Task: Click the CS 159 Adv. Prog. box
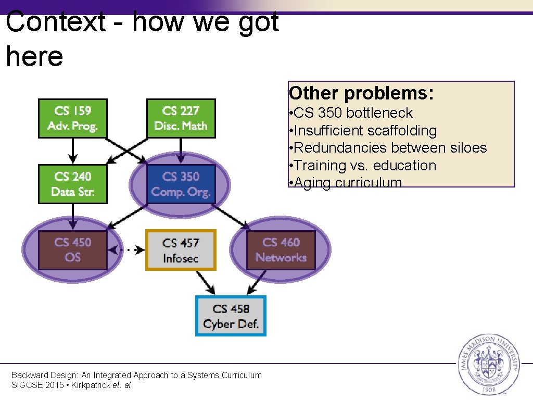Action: (73, 118)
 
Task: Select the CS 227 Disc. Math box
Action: (181, 118)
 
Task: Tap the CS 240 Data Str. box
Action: (73, 184)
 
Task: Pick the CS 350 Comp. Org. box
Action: (181, 184)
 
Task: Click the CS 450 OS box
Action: (73, 250)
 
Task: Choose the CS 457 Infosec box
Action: (181, 250)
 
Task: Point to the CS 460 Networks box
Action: (281, 250)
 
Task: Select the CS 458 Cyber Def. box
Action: (231, 316)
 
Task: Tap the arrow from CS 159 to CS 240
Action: (73, 151)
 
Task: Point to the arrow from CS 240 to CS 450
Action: (73, 217)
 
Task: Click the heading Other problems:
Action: (361, 93)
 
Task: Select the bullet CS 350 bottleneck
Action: (351, 113)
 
